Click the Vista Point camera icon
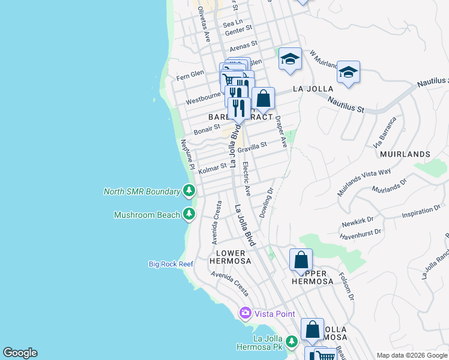[x=245, y=313]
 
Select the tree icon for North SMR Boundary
[x=190, y=191]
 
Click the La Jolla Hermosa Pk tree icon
[x=291, y=342]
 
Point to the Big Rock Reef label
[x=171, y=264]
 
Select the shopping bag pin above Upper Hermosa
[x=301, y=260]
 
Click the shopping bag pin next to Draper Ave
[x=263, y=98]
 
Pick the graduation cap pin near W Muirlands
[x=290, y=59]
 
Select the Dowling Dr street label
[x=267, y=203]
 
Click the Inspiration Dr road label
[x=421, y=212]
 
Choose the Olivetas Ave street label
[x=203, y=24]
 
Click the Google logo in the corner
[x=20, y=353]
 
